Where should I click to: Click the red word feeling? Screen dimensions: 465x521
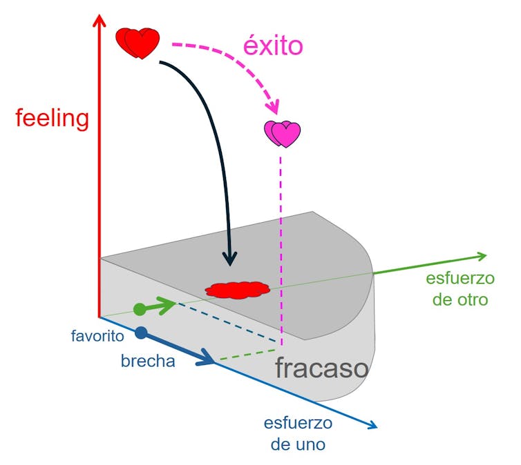[x=53, y=119]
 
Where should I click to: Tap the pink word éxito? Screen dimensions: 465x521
[x=273, y=46]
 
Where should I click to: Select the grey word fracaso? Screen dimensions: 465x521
[x=321, y=368]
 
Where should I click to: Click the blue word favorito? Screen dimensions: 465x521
[x=97, y=337]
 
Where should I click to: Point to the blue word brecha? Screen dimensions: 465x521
[x=148, y=361]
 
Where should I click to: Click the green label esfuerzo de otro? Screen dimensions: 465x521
[x=460, y=290]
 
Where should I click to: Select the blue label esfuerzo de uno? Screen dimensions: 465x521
[x=298, y=433]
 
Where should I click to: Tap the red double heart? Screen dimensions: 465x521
[x=138, y=43]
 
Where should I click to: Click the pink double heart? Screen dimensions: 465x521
[x=283, y=133]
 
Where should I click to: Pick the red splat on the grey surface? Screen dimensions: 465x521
[x=236, y=290]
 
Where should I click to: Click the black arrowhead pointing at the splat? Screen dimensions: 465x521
[x=230, y=259]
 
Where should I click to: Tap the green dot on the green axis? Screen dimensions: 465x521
[x=140, y=308]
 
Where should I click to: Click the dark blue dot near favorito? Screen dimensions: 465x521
[x=142, y=333]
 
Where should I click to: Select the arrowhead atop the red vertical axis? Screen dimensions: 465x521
[x=100, y=21]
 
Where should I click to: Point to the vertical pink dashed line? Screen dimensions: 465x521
[x=281, y=248]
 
